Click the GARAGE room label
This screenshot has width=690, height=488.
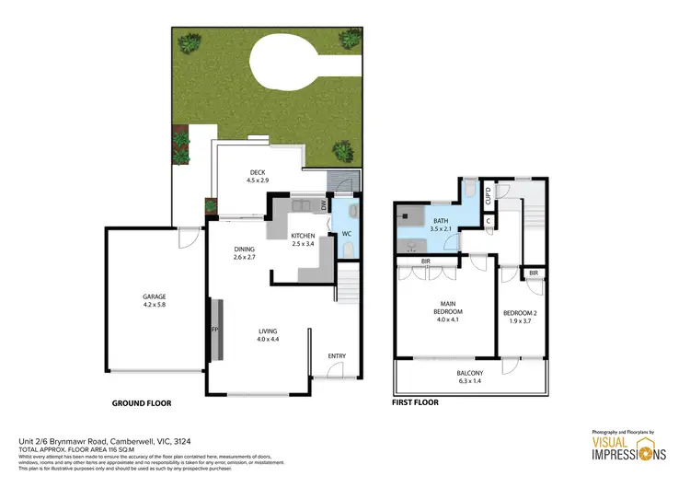tap(154, 296)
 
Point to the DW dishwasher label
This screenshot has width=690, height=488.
tap(324, 206)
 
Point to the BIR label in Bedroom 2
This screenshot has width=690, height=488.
tap(533, 273)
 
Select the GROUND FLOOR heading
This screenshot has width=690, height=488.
tap(142, 403)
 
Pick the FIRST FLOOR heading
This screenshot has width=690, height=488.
tap(416, 402)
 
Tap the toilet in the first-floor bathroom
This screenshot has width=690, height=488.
tap(470, 191)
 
